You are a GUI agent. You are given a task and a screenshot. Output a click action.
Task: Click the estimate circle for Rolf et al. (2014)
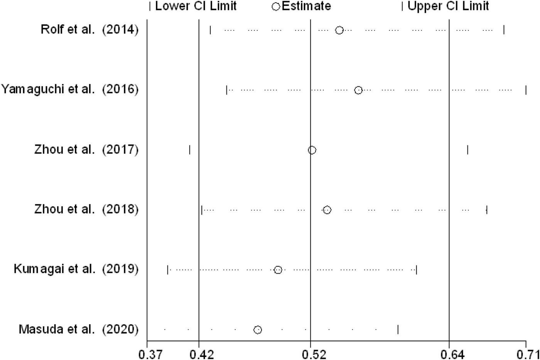[x=339, y=30]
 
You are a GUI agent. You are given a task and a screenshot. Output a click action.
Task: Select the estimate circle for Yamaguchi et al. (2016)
[x=358, y=90]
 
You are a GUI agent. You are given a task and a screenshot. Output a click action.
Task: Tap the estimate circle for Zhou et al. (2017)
[x=312, y=150]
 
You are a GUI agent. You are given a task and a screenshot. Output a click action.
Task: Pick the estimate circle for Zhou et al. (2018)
[x=327, y=210]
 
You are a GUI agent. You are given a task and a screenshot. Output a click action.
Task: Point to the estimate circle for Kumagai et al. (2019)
[x=278, y=270]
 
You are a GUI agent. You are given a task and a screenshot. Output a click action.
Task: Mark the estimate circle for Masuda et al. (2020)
[x=258, y=330]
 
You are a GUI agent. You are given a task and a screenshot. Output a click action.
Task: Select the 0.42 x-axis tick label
[x=199, y=353]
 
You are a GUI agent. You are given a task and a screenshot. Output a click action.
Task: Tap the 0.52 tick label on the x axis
[x=310, y=353]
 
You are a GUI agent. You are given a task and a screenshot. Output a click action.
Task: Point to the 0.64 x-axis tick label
[x=449, y=353]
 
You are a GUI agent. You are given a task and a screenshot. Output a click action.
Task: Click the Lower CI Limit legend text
[x=196, y=6]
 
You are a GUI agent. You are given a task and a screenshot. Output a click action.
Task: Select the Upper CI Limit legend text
[x=448, y=6]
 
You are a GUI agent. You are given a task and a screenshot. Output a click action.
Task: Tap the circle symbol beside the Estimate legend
[x=276, y=7]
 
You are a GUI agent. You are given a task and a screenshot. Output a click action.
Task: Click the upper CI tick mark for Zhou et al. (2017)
[x=467, y=150]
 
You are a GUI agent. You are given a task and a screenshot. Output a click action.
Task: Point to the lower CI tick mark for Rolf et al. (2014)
[x=210, y=30]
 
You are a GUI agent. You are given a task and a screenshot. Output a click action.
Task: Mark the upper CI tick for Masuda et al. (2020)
[x=398, y=330]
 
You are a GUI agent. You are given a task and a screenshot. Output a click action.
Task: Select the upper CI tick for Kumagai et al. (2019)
[x=417, y=270]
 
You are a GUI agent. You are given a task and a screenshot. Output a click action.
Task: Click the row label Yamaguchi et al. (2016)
[x=69, y=90]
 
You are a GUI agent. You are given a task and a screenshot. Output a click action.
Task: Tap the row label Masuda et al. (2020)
[x=78, y=329]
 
